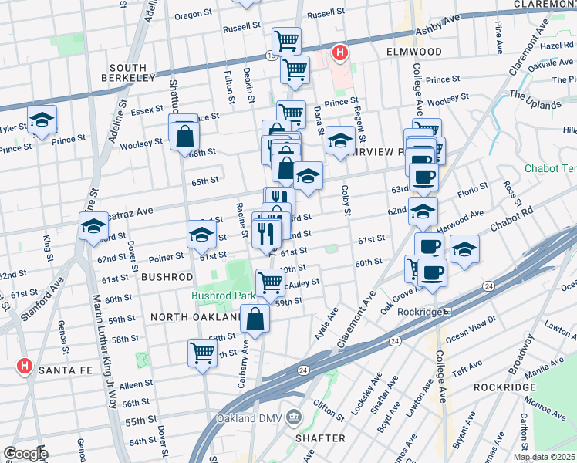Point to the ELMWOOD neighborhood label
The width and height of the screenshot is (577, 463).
point(414,52)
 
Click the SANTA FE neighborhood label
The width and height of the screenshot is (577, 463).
point(64,370)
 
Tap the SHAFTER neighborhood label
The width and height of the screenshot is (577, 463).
point(319,438)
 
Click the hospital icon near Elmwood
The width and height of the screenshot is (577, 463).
point(339,53)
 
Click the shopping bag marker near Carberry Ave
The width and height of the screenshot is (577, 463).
point(255,318)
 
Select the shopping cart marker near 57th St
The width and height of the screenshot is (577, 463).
point(202,353)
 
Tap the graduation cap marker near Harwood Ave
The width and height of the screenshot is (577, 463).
point(423,211)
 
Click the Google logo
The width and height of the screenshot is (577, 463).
point(25,454)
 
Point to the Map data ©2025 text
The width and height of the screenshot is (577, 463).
point(544,457)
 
